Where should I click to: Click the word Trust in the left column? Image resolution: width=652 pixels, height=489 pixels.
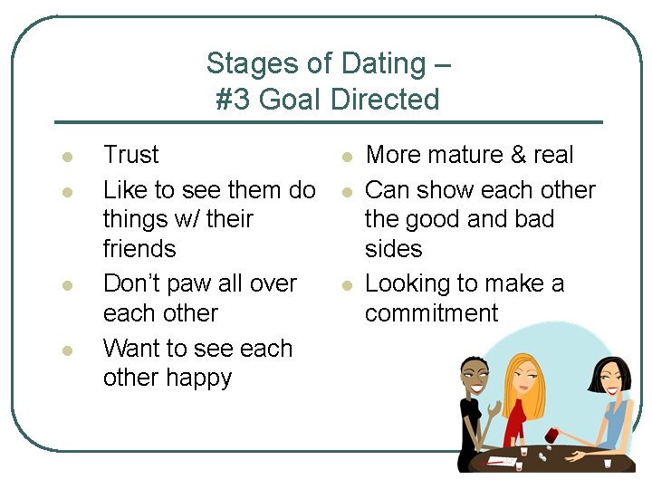(131, 155)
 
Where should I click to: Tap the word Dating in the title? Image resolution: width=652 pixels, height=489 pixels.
(383, 63)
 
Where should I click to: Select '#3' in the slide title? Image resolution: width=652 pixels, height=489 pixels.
(234, 99)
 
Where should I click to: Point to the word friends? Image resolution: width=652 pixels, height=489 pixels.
(139, 248)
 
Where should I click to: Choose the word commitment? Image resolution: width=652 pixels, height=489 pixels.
(431, 313)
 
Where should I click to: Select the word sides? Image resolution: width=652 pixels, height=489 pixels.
(393, 248)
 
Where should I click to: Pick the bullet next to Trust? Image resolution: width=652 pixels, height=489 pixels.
(66, 157)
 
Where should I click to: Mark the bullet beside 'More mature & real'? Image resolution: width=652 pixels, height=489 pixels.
(346, 157)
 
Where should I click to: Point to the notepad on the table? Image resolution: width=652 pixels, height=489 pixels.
(502, 460)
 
